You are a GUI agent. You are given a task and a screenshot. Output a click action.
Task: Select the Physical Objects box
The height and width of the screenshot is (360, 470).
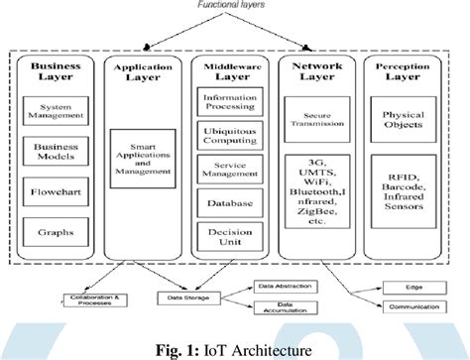pyautogui.click(x=408, y=121)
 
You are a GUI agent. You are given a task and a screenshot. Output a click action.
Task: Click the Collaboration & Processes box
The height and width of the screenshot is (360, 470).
pyautogui.click(x=91, y=300)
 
